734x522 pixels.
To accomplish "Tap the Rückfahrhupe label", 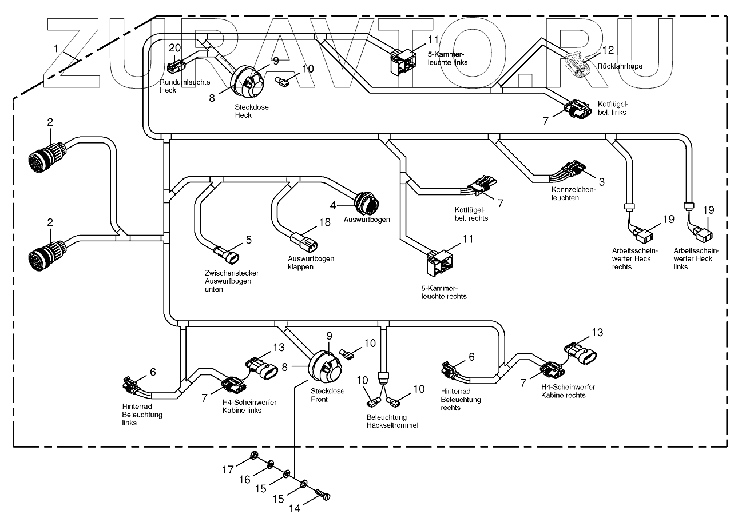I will coord(620,66).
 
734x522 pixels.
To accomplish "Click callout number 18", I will coord(324,222).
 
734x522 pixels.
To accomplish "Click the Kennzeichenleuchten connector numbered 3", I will coord(574,169).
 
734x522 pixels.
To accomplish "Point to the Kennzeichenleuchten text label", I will coord(573,193).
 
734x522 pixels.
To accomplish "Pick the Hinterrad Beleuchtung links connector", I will coord(130,384).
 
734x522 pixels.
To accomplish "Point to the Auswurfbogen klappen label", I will coord(311,262).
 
